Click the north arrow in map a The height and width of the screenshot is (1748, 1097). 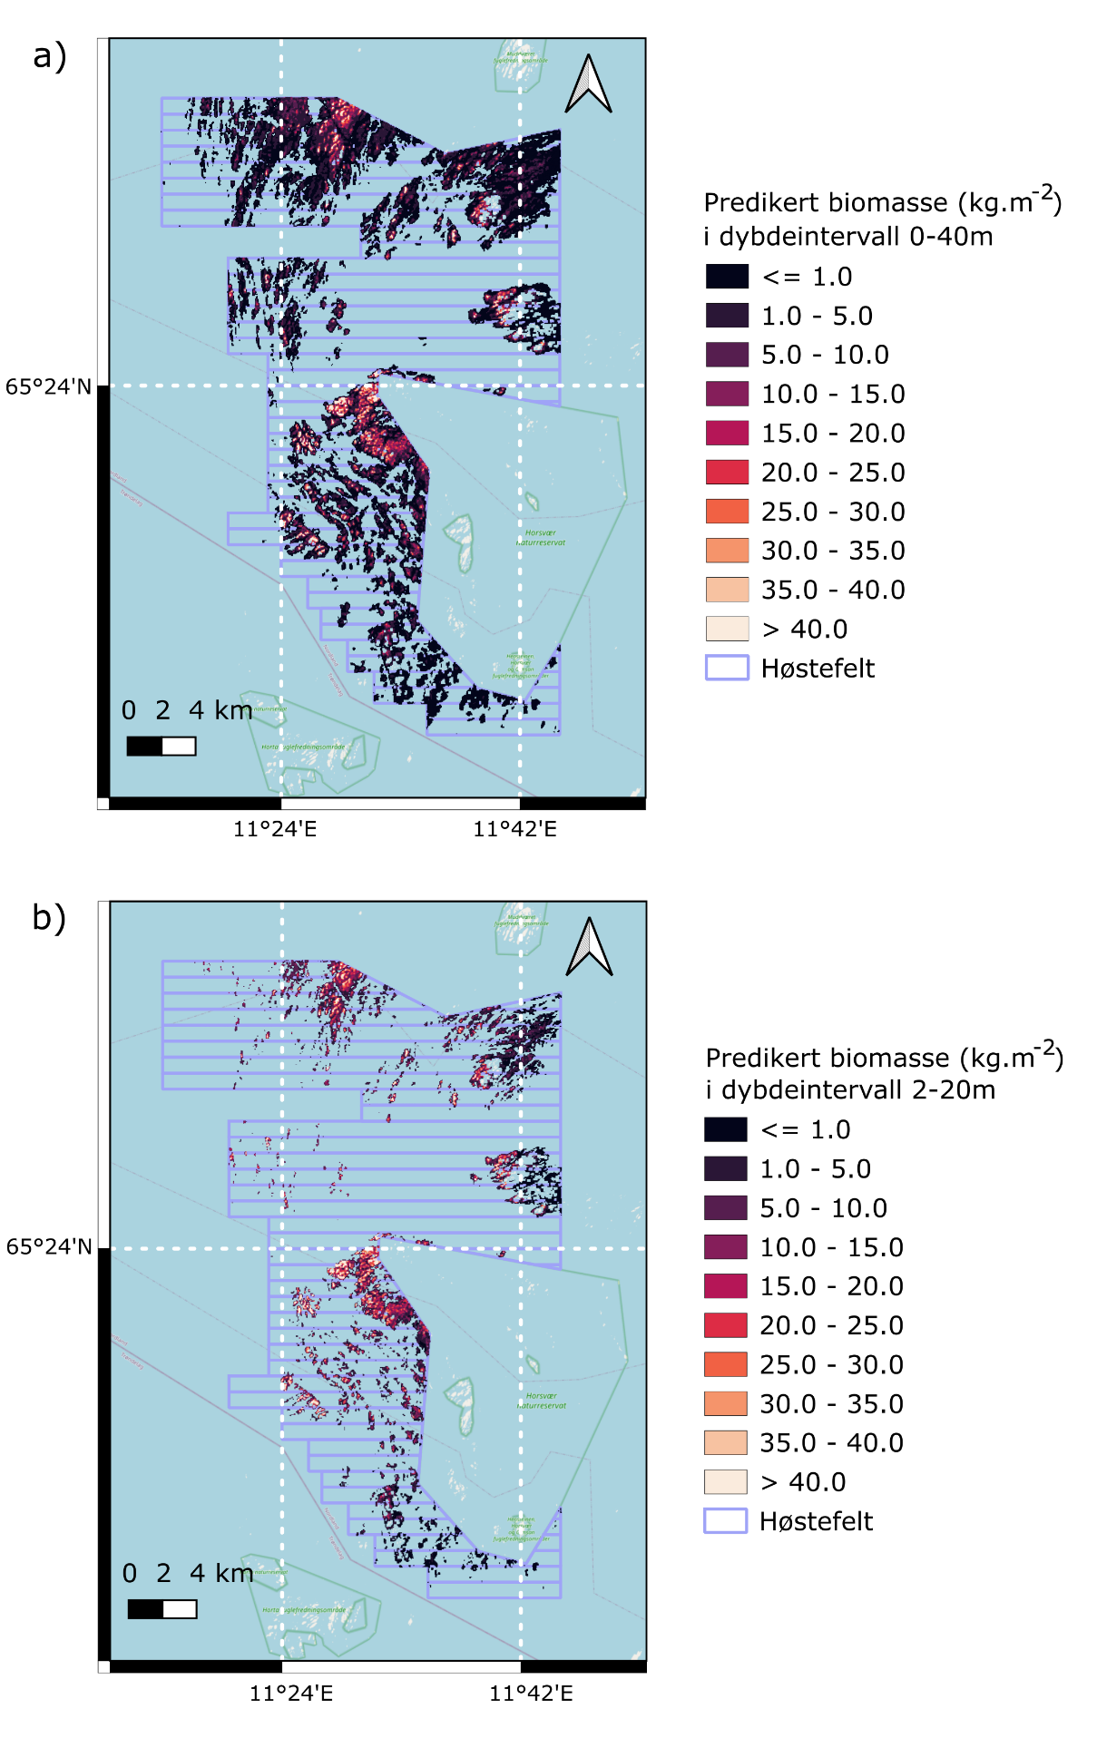click(588, 84)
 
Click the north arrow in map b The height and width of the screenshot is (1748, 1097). click(589, 947)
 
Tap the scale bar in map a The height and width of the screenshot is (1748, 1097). click(161, 746)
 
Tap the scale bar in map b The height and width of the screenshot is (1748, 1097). click(162, 1608)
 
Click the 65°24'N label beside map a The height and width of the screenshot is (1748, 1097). click(49, 387)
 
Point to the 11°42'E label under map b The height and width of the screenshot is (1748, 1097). click(531, 1694)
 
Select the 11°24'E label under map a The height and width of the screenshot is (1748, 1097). click(275, 829)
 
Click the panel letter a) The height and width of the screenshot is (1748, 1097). click(50, 56)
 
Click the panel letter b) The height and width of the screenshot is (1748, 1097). click(50, 918)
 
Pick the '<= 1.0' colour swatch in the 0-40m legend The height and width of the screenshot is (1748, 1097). click(727, 277)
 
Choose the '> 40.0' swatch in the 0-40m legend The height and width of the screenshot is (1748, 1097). click(727, 629)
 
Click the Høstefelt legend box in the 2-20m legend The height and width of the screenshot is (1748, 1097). click(725, 1521)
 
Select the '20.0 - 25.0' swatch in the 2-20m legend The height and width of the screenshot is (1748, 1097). click(725, 1325)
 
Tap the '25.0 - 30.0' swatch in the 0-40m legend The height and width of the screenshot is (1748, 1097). click(727, 512)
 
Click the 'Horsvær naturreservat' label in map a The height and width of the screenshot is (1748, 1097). click(541, 538)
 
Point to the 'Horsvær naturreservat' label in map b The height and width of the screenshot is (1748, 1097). click(542, 1401)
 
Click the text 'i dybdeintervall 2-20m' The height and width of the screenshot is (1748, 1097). click(850, 1089)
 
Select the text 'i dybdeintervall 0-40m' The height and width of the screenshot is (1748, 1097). click(848, 237)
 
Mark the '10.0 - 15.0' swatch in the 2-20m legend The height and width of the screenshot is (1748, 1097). click(725, 1247)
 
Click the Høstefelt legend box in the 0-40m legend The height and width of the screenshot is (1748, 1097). click(727, 668)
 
